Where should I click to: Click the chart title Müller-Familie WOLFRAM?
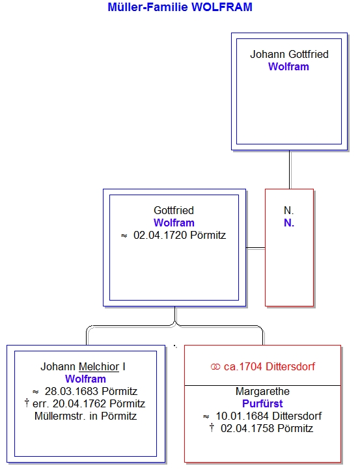coord(180,7)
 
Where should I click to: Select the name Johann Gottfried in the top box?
coord(289,54)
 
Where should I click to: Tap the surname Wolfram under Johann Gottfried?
coord(288,66)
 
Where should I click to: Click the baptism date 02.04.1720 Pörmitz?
coord(180,236)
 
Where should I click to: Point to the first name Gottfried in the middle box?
coord(174,210)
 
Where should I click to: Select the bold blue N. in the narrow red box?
coord(289,223)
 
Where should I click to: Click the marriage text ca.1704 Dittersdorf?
coord(270,366)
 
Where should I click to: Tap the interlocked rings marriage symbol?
coord(215,367)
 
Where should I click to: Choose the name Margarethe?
coord(262,392)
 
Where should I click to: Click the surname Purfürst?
coord(262,404)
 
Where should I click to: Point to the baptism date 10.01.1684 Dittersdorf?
coord(268,416)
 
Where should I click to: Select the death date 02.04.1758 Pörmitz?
coord(267,429)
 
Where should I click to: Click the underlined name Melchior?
coord(99,367)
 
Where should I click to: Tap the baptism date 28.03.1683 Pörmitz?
coord(91,392)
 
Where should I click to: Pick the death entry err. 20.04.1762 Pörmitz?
coord(89,404)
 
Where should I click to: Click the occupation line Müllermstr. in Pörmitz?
coord(85,416)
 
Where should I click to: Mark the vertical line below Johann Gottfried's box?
coord(290,170)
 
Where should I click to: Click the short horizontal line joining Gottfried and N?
coord(255,248)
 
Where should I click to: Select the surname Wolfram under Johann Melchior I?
coord(85,379)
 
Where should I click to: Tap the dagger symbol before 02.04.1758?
coord(212,428)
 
